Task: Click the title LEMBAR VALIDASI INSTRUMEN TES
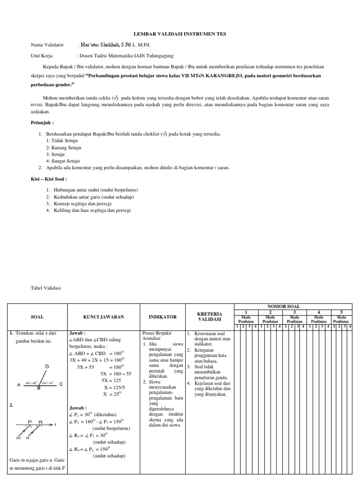[180, 34]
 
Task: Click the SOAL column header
[37, 317]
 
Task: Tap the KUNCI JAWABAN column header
[104, 317]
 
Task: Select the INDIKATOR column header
[163, 317]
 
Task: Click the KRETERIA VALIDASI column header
[209, 316]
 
